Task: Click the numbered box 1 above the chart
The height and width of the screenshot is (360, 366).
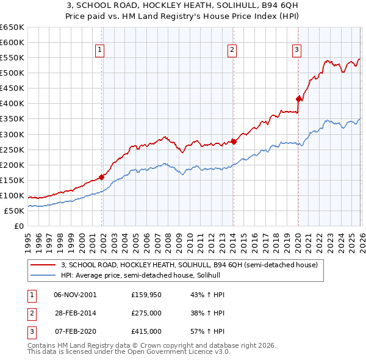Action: [x=99, y=51]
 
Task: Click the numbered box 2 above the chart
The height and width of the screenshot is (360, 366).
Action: [x=232, y=51]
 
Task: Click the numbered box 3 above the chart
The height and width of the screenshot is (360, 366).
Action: [x=296, y=51]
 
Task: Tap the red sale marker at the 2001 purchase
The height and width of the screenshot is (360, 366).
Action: [x=102, y=177]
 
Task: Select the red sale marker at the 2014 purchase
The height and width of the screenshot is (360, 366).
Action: [x=234, y=142]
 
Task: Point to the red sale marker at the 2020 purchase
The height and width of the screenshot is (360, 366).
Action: [x=298, y=99]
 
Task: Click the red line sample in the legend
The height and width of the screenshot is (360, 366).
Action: [x=43, y=265]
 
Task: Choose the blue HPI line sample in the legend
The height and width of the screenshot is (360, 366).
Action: [x=43, y=276]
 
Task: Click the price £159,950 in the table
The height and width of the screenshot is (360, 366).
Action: [x=146, y=295]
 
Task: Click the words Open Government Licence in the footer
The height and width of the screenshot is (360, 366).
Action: [x=172, y=352]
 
